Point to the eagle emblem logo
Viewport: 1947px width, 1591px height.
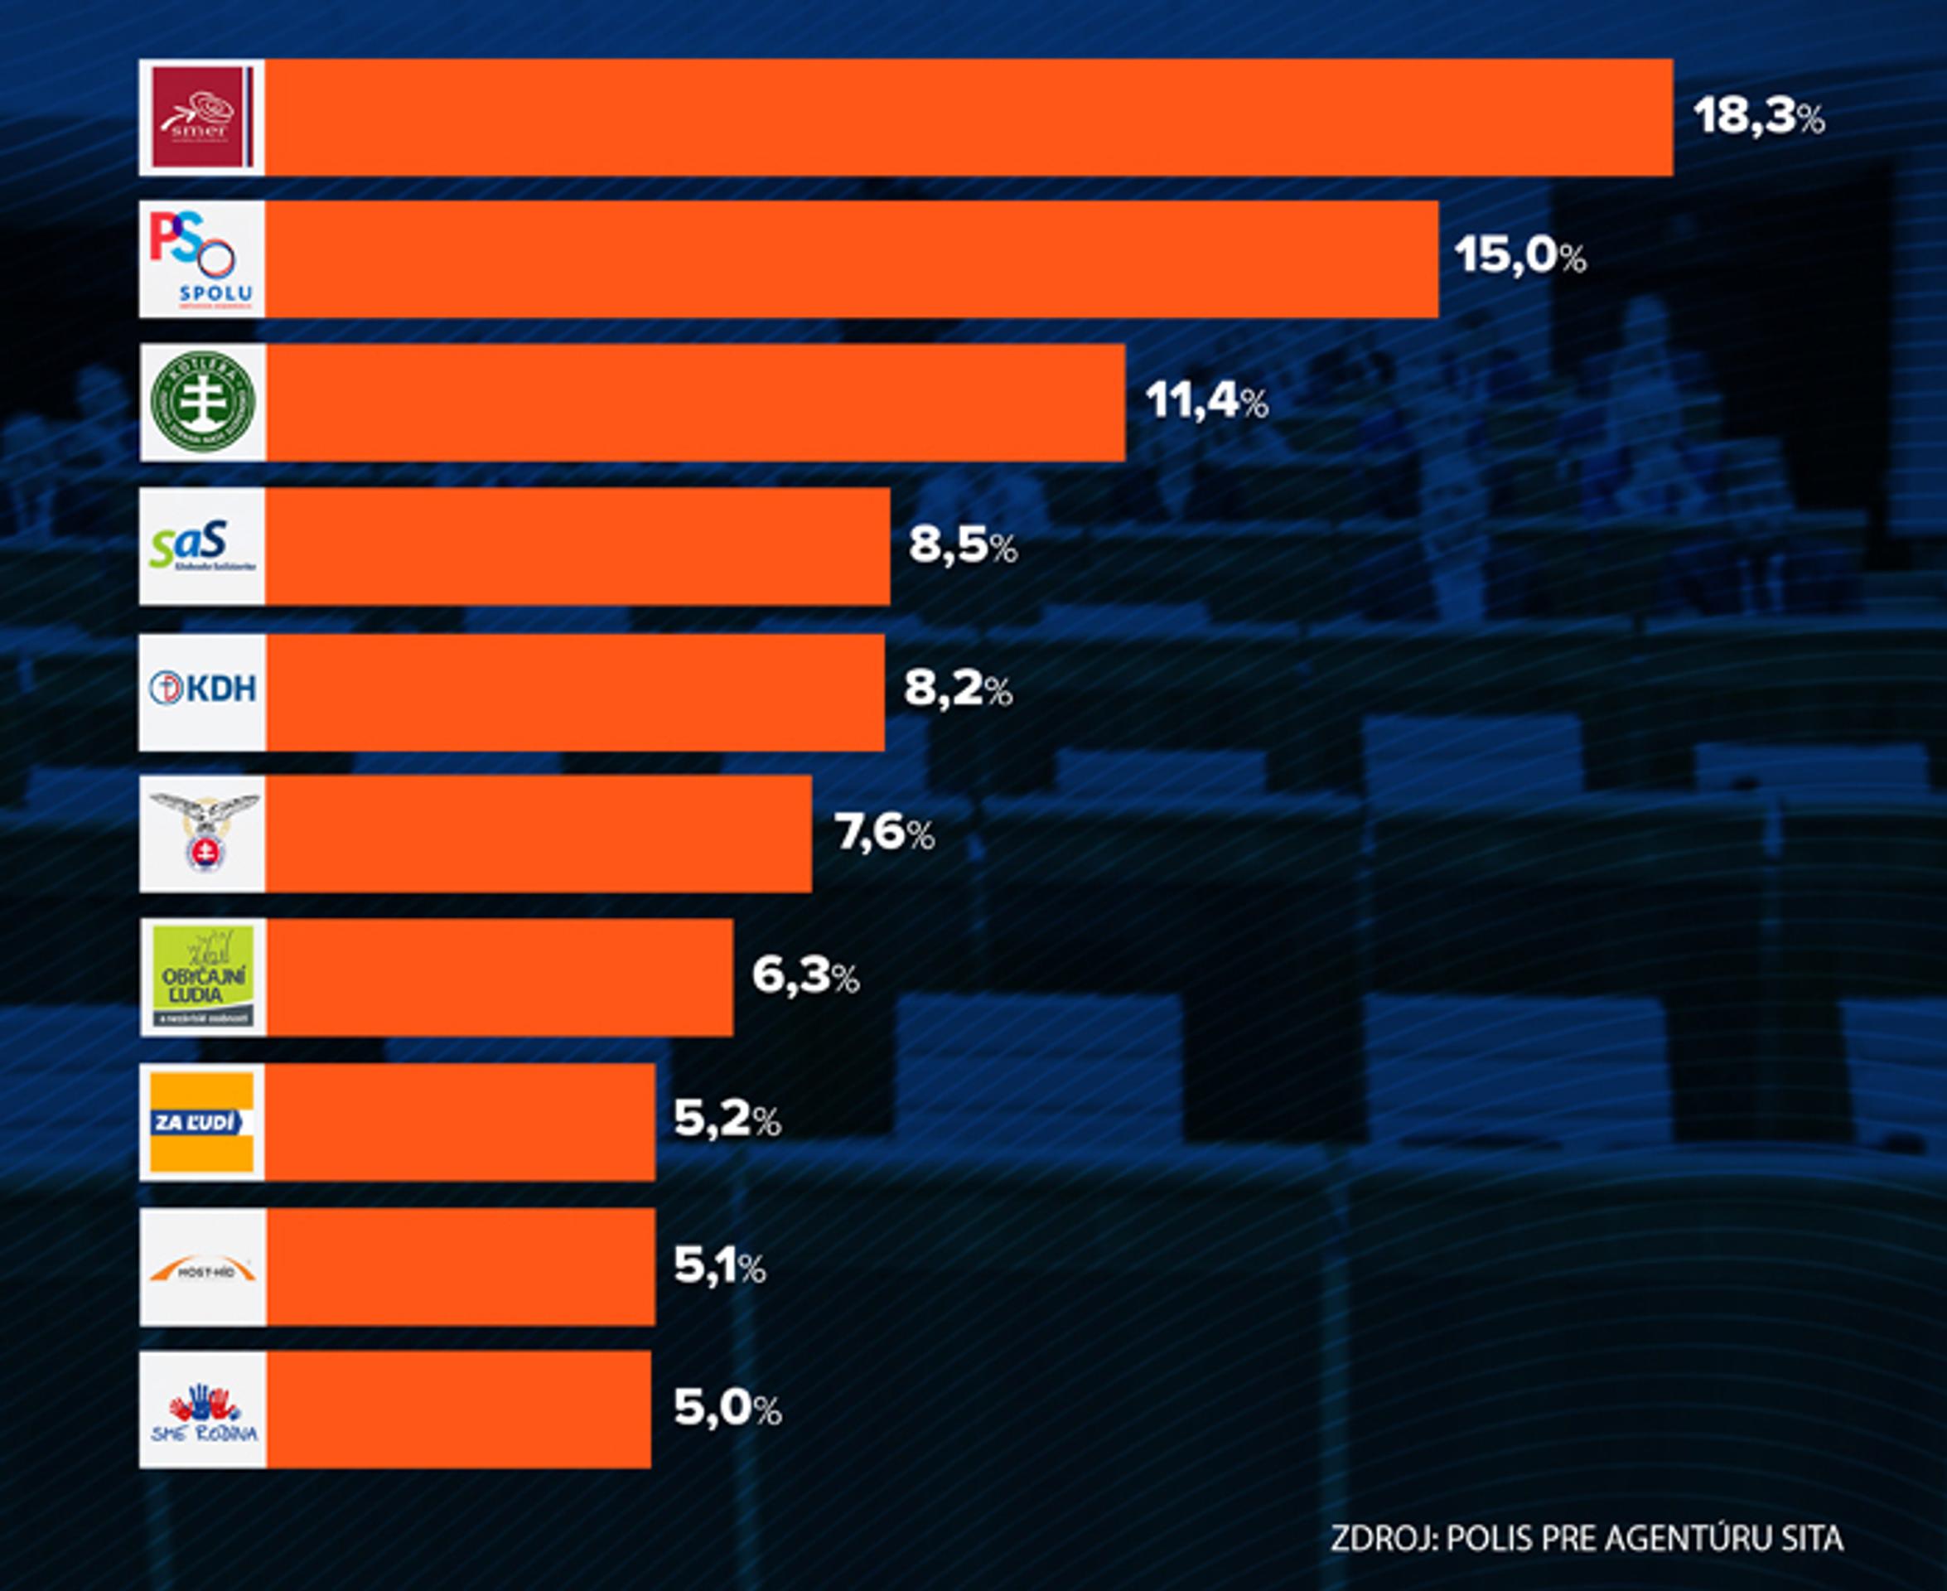[x=204, y=833]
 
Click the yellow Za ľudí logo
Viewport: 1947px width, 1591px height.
[x=201, y=1122]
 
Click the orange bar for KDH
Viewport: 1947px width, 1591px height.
[x=575, y=692]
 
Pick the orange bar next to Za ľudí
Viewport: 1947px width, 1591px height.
[x=460, y=1122]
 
